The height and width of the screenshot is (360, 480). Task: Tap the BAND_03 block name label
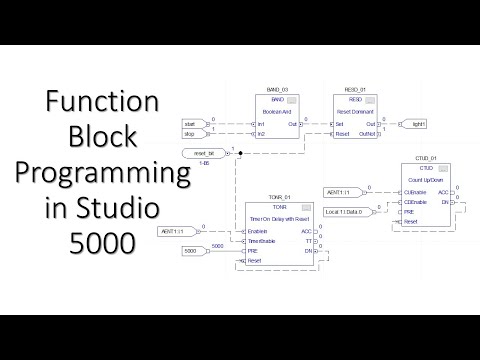(x=274, y=90)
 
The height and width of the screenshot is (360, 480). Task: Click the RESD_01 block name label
(x=358, y=90)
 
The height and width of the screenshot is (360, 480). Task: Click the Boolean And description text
(x=274, y=111)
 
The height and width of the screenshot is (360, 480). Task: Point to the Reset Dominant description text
(x=358, y=111)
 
